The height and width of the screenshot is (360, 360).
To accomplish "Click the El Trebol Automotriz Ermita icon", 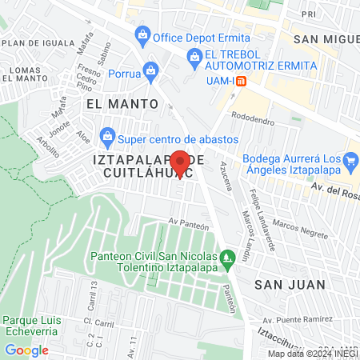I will [x=193, y=55].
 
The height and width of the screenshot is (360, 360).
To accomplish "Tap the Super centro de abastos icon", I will [x=106, y=134].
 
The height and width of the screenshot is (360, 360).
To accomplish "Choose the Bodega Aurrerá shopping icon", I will [x=350, y=164].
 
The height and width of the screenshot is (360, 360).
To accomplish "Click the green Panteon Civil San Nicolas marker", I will [x=227, y=257].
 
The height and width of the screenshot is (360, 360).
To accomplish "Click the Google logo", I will [x=26, y=350].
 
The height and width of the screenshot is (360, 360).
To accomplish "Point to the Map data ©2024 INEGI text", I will [x=312, y=354].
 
